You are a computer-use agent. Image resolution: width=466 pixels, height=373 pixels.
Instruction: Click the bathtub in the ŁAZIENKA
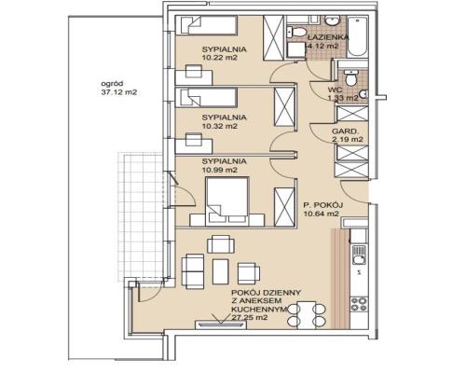pos(358,36)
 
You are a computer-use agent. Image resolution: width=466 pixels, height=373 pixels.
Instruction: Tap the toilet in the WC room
pos(351,78)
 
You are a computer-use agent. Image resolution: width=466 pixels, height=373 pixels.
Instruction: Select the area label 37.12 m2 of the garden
pos(119,92)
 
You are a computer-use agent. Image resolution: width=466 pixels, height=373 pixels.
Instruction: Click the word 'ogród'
pos(108,83)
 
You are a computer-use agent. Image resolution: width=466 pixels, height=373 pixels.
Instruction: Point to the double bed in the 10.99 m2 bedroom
pos(227,200)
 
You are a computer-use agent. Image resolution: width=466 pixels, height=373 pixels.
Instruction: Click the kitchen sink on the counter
pos(359,255)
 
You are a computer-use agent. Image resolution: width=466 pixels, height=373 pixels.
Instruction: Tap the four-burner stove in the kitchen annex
pos(359,304)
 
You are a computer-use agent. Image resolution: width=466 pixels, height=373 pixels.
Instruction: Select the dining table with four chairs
pos(307,315)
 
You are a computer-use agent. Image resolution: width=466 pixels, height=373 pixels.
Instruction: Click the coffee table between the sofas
pos(221,271)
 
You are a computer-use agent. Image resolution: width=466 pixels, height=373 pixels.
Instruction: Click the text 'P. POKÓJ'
pos(322,205)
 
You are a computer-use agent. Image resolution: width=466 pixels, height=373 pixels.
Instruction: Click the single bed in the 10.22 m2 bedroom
pos(206,25)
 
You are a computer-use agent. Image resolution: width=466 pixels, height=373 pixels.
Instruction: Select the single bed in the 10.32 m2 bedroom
pos(205,98)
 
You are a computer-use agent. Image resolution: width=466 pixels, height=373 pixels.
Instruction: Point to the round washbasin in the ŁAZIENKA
pos(333,21)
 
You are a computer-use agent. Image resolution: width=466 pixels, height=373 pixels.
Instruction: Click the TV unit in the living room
pos(221,325)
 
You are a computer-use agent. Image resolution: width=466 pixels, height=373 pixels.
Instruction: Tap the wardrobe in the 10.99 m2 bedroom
pos(284,207)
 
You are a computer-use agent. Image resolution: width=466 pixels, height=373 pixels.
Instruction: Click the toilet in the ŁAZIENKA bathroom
pos(296,32)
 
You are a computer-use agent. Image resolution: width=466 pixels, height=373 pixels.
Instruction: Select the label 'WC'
pos(335,90)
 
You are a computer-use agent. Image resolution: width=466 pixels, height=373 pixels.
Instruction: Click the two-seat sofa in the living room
pos(193,271)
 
